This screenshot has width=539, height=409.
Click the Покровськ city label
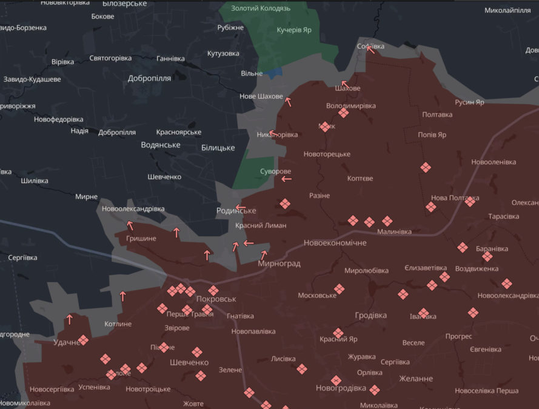(x=216, y=299)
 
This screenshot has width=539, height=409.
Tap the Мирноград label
(x=279, y=264)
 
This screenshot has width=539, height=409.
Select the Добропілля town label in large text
(x=149, y=78)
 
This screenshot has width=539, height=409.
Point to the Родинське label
(x=236, y=210)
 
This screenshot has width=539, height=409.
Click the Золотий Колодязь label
(x=261, y=8)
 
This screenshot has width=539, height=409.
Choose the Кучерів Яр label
(x=294, y=30)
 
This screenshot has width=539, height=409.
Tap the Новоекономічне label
(x=335, y=242)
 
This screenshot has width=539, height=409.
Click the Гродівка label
(x=370, y=315)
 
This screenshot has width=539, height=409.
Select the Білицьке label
(x=218, y=147)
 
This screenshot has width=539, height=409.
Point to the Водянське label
(x=161, y=145)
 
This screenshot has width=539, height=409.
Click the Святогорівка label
(x=110, y=58)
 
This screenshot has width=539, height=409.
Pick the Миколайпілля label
(x=507, y=10)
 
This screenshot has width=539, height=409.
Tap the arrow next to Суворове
(x=286, y=179)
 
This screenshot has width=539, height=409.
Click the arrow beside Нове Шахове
(x=288, y=102)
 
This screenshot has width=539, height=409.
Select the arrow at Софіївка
(x=370, y=50)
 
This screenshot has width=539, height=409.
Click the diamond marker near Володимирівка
(x=343, y=113)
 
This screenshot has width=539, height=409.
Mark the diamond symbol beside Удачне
(x=84, y=340)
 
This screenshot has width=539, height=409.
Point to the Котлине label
(x=118, y=324)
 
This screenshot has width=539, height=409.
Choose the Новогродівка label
(x=341, y=388)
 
